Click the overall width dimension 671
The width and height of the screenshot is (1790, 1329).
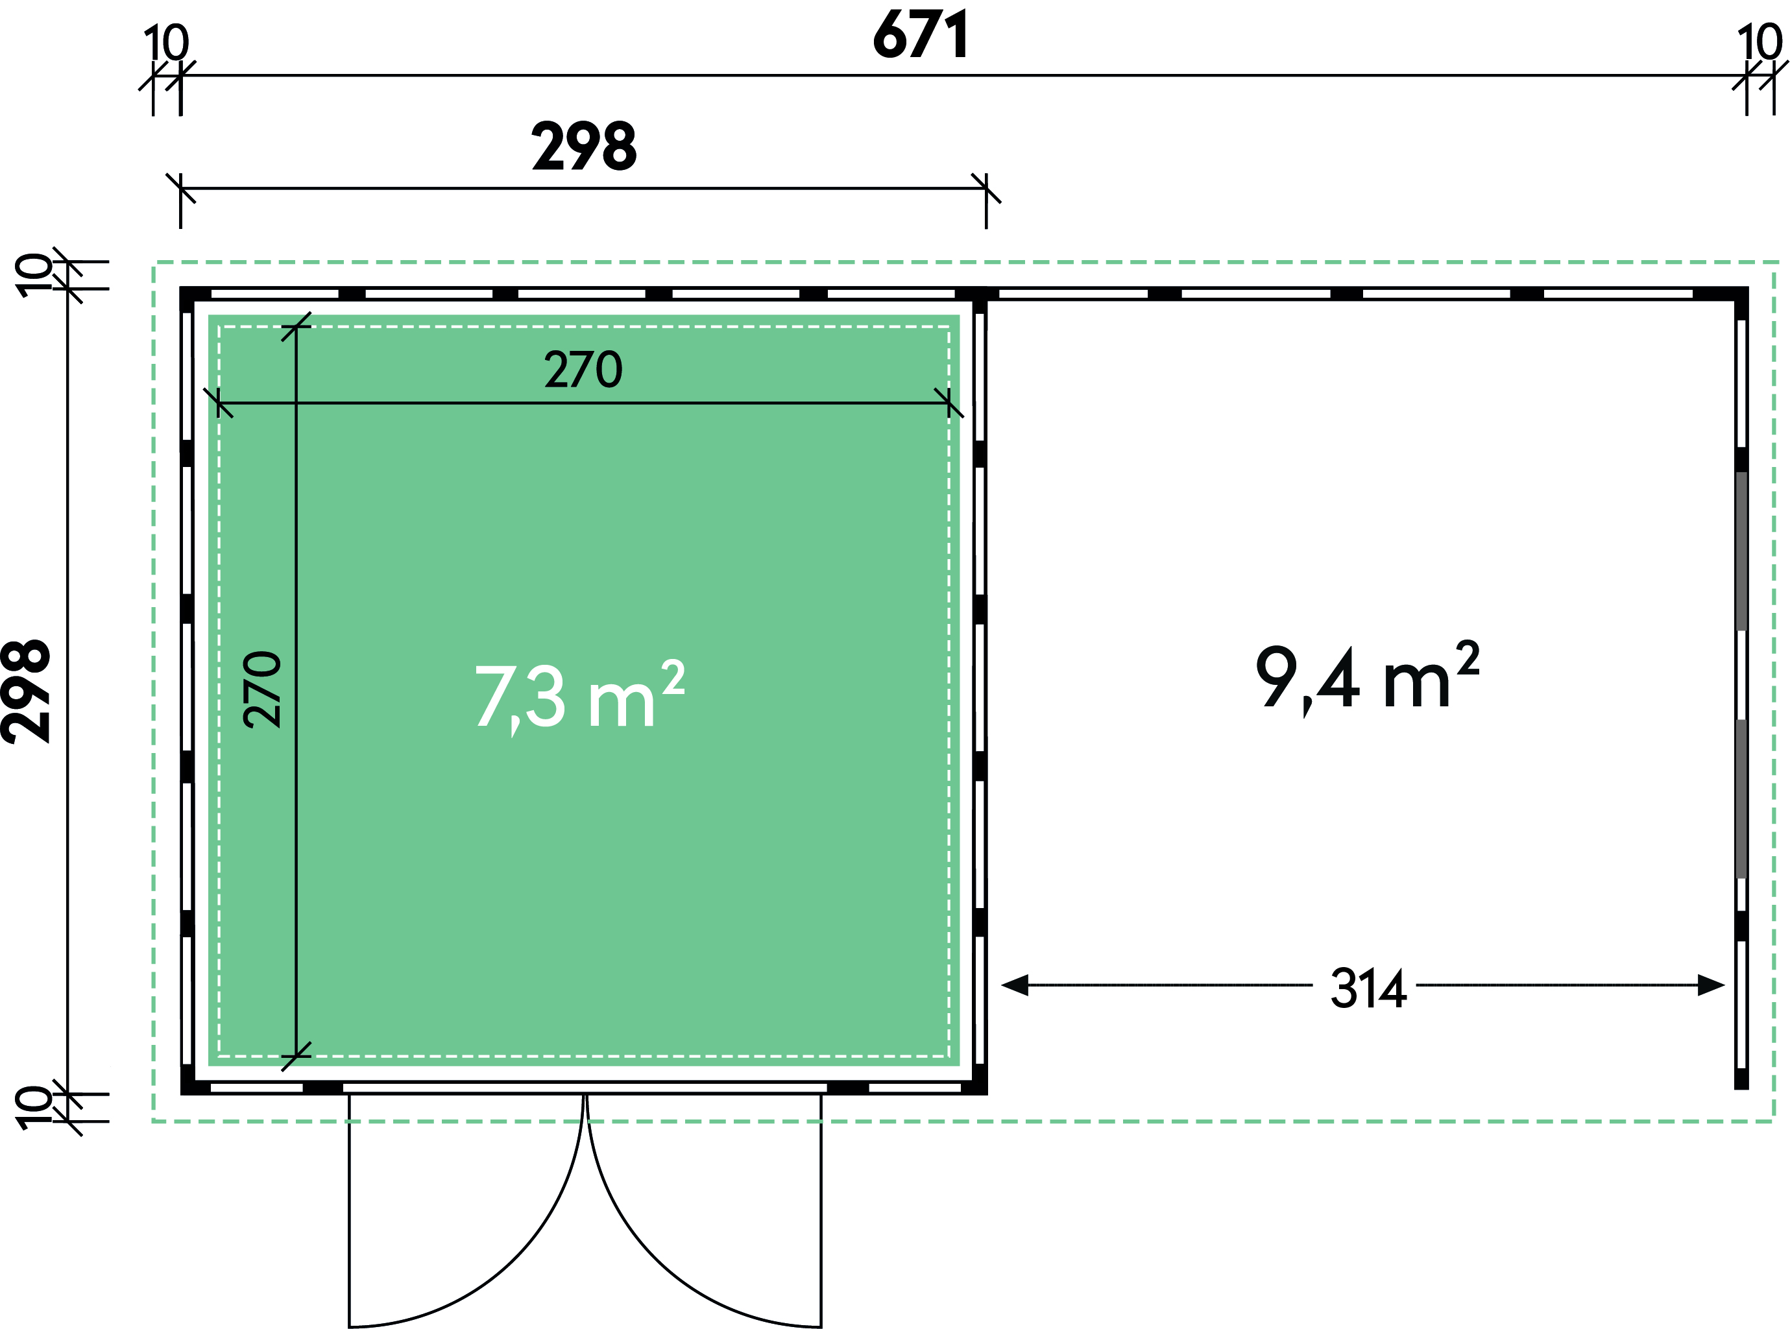point(921,36)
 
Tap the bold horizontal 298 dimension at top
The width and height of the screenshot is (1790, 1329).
point(584,147)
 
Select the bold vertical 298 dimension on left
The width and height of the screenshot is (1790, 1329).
point(27,691)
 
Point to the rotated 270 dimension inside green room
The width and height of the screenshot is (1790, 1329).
point(262,689)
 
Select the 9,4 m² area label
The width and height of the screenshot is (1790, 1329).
point(1368,676)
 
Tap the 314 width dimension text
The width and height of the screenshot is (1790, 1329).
point(1368,988)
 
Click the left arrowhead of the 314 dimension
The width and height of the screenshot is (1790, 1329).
point(1015,985)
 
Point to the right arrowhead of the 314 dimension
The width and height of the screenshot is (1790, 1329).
point(1711,985)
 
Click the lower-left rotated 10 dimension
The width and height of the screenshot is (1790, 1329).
point(34,1107)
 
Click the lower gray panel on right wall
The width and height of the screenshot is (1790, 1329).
point(1741,798)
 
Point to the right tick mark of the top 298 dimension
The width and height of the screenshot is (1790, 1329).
point(986,188)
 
